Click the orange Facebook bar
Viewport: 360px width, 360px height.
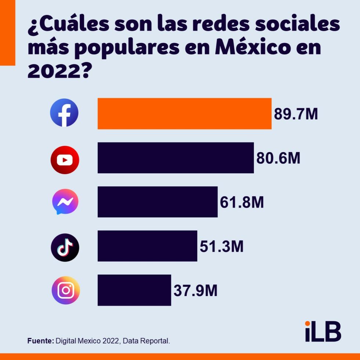[x=184, y=114]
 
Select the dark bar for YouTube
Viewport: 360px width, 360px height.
[x=176, y=158]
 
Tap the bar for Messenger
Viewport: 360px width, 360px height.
[x=158, y=202]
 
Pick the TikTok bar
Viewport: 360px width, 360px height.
[x=147, y=246]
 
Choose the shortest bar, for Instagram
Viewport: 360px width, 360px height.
[x=134, y=290]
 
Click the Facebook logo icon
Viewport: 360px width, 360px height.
[x=64, y=113]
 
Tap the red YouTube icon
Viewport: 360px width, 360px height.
[x=65, y=160]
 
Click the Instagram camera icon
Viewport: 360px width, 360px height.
[x=66, y=290]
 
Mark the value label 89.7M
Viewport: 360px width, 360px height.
[x=296, y=114]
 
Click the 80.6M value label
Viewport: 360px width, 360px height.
[x=278, y=158]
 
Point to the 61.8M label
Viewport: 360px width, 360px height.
[x=242, y=202]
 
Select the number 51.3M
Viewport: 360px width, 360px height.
[x=222, y=246]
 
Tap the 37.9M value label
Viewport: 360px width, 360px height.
[x=195, y=291]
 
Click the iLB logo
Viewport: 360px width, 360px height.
[x=323, y=331]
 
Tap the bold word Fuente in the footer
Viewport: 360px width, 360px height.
[x=40, y=341]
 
